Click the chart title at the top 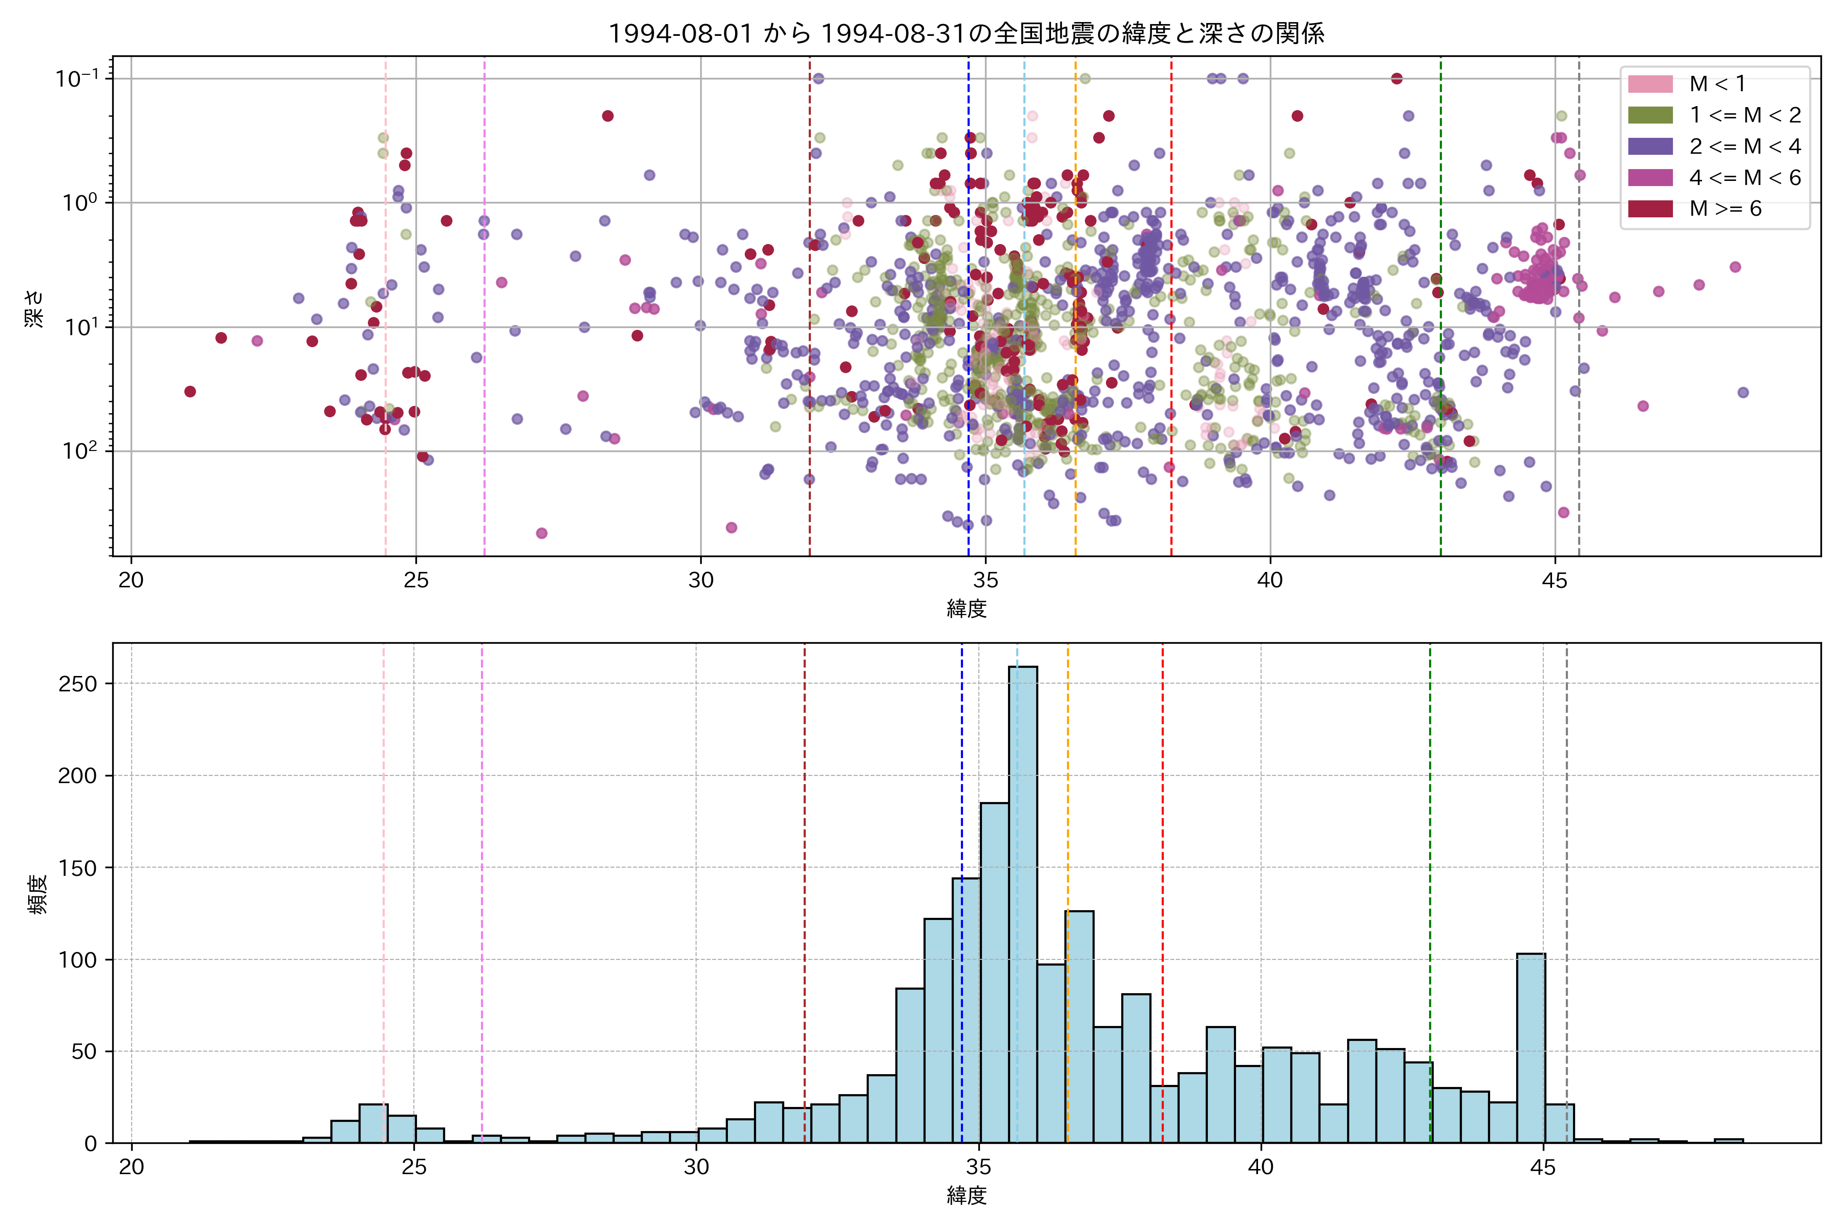pos(966,33)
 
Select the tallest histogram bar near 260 pos(1022,902)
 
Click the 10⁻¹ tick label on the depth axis pos(77,78)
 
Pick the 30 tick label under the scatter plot pos(700,581)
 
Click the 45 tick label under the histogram pos(1542,1167)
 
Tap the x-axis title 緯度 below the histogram pos(966,1196)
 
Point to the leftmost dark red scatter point pos(190,392)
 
